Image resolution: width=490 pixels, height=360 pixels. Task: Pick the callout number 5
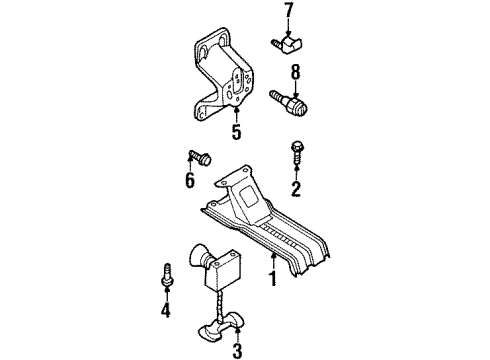(237, 130)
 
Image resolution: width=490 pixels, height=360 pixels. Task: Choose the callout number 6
(189, 181)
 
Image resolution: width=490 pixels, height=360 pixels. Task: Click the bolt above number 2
(296, 151)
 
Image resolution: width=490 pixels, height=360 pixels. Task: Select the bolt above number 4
(167, 276)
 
